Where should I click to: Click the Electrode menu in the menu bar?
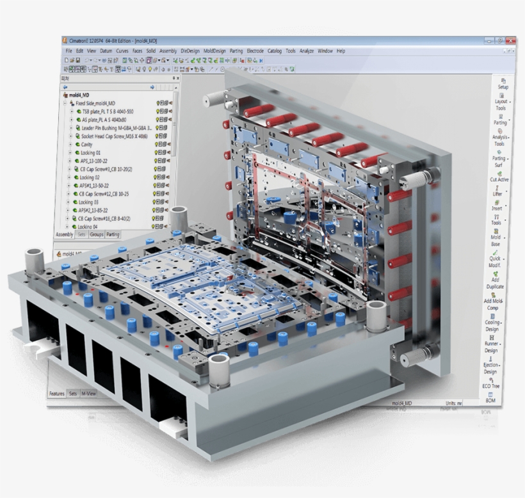click(255, 51)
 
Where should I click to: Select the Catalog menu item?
click(274, 51)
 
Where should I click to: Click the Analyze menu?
click(306, 51)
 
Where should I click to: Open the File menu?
click(68, 51)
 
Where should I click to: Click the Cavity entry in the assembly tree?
click(87, 144)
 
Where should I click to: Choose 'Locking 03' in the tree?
click(89, 202)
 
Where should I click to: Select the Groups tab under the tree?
click(97, 235)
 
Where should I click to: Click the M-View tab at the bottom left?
click(88, 394)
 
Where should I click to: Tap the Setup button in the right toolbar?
click(503, 83)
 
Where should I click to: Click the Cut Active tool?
click(499, 176)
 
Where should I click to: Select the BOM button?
click(490, 398)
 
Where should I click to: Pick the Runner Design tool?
click(491, 346)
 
